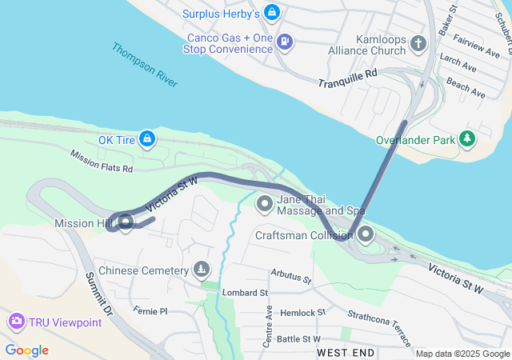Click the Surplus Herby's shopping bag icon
(x=272, y=14)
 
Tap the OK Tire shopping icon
(x=147, y=139)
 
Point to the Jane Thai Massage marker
(x=265, y=205)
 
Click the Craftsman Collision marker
(x=366, y=235)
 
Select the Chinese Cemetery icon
(x=201, y=270)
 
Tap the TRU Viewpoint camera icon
(x=16, y=322)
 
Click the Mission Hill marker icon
(x=125, y=222)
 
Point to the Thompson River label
(x=145, y=64)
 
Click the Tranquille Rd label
(x=346, y=82)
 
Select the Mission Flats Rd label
(x=101, y=161)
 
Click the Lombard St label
(x=245, y=294)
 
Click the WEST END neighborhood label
(x=346, y=352)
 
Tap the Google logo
(x=27, y=350)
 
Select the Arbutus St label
(x=290, y=278)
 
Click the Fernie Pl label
(x=151, y=310)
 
